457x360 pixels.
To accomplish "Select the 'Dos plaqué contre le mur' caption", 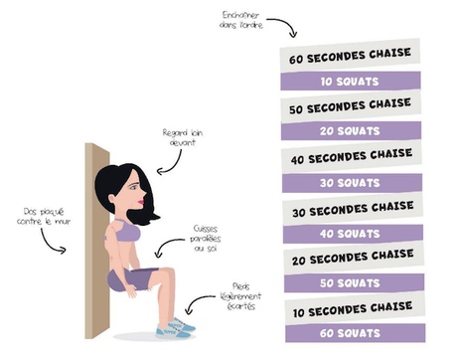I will tap(40, 216).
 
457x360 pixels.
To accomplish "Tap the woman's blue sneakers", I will tap(179, 325).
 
